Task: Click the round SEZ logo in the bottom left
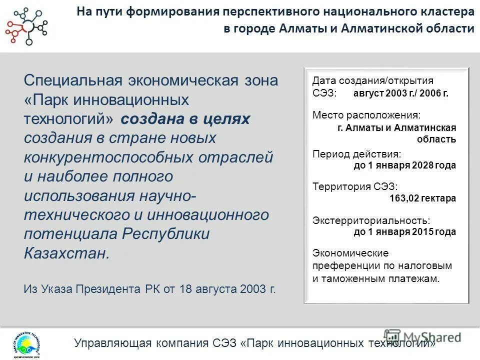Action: coord(24,344)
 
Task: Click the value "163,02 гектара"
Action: coord(422,198)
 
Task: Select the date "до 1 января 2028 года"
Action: coord(404,165)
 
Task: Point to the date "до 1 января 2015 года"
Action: coord(404,231)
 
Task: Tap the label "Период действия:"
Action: coord(356,154)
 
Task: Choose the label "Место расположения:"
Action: coord(366,115)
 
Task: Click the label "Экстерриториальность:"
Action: coord(371,220)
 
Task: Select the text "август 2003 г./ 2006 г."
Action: coord(401,93)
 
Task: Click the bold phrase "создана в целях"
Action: coord(185,119)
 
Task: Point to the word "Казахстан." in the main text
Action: coord(66,252)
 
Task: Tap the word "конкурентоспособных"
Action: coord(109,157)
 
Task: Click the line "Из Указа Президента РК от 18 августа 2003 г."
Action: coord(149,289)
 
